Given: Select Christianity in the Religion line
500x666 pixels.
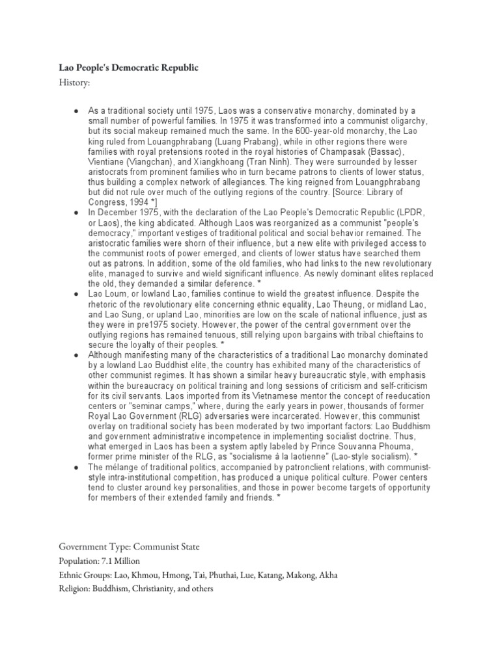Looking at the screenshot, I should click(163, 590).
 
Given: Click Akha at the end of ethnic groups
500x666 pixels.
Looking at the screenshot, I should click(326, 575).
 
